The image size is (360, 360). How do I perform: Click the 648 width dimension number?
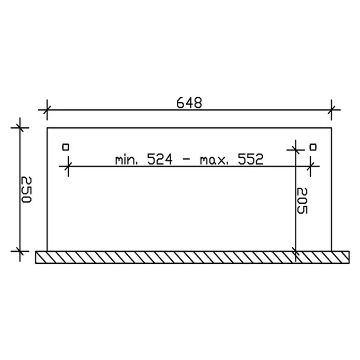click(x=189, y=103)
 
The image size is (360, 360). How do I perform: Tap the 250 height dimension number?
click(x=26, y=189)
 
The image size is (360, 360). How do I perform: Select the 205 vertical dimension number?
click(x=302, y=201)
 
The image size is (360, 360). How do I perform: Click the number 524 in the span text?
click(x=159, y=159)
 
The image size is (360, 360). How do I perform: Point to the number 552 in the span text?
click(x=250, y=159)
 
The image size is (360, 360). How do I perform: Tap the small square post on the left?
click(x=66, y=147)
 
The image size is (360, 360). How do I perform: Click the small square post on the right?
click(x=313, y=147)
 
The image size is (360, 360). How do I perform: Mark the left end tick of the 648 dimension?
click(x=47, y=110)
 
